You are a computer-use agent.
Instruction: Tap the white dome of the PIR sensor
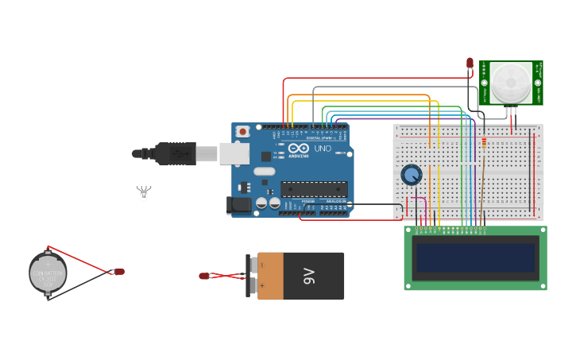coord(510,81)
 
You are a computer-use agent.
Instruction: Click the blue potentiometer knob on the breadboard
coord(411,174)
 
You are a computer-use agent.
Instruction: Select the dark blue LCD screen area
coord(475,257)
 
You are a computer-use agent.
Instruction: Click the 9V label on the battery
coord(309,277)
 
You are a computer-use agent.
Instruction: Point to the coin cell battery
coord(48,273)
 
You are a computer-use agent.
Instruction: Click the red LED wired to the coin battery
coord(119,271)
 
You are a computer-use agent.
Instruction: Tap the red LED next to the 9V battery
coord(204,276)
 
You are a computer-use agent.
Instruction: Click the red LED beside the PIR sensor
coord(470,63)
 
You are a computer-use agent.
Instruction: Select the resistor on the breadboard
coord(485,143)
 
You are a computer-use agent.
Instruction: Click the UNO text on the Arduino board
coord(323,149)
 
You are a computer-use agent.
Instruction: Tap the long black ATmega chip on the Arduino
coord(314,189)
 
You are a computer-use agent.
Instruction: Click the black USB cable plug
coord(176,153)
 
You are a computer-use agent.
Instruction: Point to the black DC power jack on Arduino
coord(239,205)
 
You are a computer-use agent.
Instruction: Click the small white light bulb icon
coord(144,193)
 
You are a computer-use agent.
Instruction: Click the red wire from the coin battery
coord(79,258)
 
